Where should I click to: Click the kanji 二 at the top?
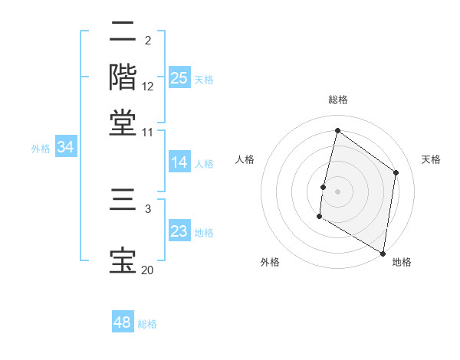coord(123,33)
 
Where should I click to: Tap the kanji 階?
coord(123,77)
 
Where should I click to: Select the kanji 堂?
coord(123,123)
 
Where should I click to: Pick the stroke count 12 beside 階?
coord(148,87)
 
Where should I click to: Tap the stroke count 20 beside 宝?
coord(147,270)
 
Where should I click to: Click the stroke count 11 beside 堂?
coord(147,133)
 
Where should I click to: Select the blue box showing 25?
coord(179,77)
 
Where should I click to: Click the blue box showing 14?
coord(179,162)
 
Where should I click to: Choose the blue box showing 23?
coord(179,231)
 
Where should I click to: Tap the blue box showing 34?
coord(65,147)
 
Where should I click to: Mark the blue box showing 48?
coord(123,322)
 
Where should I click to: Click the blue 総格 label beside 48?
coord(147,324)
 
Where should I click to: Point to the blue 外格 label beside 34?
coord(41,149)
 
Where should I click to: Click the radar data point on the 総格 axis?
coord(337,131)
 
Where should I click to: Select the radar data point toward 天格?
coord(396,172)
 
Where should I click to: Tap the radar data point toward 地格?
coord(383,253)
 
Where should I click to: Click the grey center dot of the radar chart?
coord(337,191)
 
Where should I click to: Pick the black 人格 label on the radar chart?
coord(245,159)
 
